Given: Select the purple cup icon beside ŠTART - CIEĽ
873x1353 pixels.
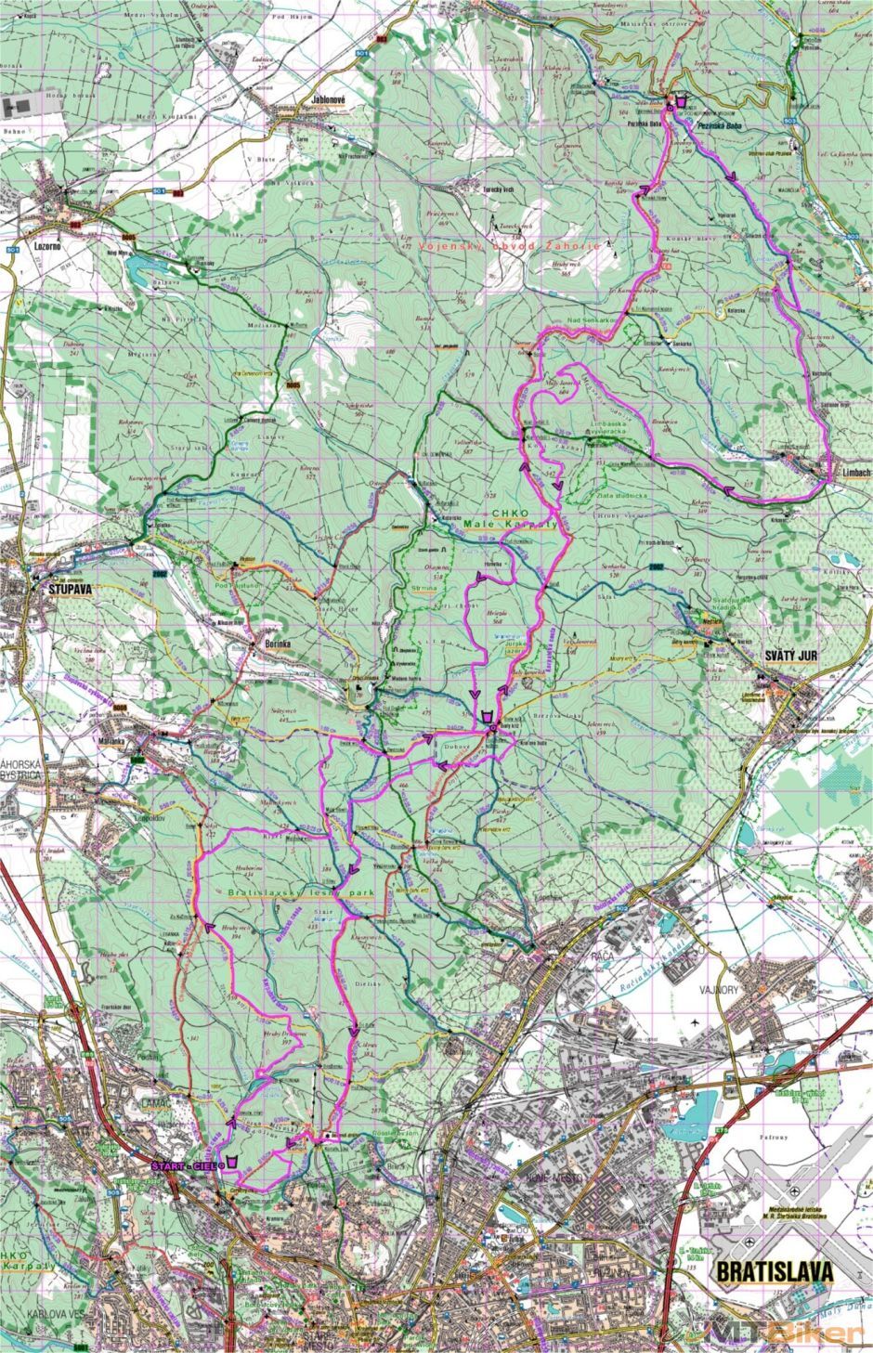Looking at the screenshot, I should coord(231,1162).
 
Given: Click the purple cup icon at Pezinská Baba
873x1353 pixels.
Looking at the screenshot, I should coord(681,100).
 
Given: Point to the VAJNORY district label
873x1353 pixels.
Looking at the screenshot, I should coord(718,988).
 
